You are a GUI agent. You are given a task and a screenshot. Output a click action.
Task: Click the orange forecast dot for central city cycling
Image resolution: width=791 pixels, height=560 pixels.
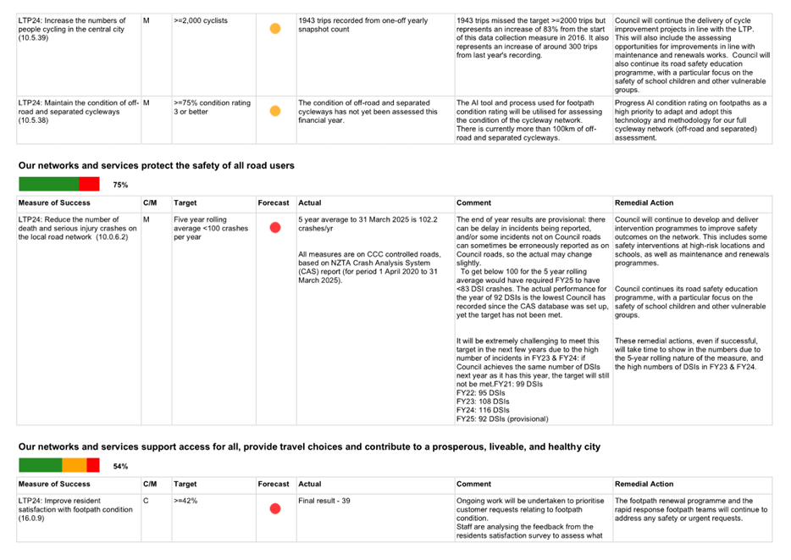click(275, 29)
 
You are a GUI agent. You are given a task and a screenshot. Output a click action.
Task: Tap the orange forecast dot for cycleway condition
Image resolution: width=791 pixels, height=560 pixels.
click(275, 111)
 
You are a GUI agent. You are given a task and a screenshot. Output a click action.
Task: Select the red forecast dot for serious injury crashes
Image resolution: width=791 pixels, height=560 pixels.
click(275, 228)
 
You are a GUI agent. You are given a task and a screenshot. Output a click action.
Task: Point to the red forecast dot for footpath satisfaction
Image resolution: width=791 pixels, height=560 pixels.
click(275, 508)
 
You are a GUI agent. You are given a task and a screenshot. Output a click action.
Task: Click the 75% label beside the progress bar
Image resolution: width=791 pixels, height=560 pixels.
click(120, 186)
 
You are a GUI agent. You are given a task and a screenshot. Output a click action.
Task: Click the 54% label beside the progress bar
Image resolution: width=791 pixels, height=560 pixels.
click(120, 466)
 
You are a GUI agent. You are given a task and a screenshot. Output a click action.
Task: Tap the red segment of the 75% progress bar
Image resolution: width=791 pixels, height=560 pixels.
click(89, 184)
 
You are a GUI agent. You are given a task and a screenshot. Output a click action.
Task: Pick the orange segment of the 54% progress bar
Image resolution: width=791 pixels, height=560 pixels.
click(75, 465)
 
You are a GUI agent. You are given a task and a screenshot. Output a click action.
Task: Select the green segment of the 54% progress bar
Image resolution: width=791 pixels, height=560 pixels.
click(41, 465)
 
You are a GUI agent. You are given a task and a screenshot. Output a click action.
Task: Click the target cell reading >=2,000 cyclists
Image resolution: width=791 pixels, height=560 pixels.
click(201, 20)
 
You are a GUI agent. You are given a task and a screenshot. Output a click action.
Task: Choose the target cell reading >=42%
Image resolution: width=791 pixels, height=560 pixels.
click(185, 501)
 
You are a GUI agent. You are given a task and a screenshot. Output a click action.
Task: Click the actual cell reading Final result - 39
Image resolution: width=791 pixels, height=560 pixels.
click(324, 501)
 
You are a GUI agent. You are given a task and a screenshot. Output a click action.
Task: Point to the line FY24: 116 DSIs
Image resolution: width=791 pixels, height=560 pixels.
click(483, 410)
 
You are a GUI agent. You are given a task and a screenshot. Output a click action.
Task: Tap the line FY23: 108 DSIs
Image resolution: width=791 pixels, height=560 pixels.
click(483, 402)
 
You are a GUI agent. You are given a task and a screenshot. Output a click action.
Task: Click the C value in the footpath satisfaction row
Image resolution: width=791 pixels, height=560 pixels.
click(146, 501)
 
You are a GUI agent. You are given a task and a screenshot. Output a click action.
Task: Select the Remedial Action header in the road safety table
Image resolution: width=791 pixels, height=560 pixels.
click(644, 202)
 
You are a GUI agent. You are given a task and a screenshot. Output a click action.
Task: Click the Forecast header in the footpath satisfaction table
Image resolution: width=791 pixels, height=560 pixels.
click(274, 484)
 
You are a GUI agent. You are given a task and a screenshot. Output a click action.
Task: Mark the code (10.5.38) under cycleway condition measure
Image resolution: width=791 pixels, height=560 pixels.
click(33, 120)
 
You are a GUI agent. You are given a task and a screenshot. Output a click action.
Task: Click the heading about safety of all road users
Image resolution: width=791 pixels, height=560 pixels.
click(157, 165)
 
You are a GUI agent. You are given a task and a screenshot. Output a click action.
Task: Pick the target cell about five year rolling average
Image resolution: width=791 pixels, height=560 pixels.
click(211, 228)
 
